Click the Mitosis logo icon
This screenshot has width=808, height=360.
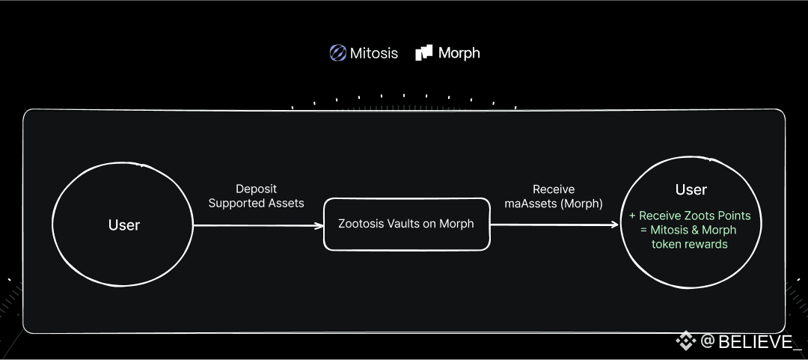(337, 53)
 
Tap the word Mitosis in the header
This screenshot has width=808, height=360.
(374, 53)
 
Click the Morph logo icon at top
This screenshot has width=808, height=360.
(424, 52)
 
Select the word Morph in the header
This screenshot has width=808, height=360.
(459, 53)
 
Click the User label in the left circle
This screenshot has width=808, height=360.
(124, 225)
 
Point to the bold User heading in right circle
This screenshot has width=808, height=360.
(691, 189)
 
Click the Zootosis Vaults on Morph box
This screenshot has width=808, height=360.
(406, 224)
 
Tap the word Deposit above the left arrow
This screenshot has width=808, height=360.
(256, 189)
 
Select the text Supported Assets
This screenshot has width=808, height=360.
(256, 203)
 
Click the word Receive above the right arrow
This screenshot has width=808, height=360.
(554, 189)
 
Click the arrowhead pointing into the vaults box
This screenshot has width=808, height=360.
(318, 224)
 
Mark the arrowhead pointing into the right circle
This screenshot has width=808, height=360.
(615, 224)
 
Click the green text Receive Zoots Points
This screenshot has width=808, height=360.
(694, 216)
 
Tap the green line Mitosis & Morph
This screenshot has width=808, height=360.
(694, 230)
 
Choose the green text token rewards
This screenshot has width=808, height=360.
(690, 244)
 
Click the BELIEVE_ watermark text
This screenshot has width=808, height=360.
(755, 342)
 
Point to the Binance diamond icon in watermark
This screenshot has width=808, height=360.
(686, 341)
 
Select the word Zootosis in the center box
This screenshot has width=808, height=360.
(364, 224)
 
